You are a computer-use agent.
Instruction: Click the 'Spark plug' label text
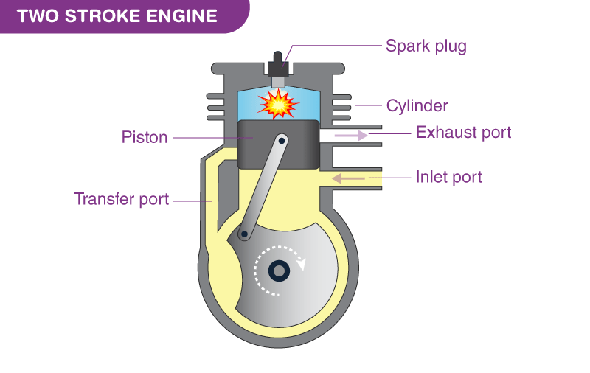[x=426, y=46]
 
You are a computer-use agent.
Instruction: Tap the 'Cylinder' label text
[x=417, y=105]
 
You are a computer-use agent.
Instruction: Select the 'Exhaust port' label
[x=463, y=133]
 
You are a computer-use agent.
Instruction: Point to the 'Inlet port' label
[x=448, y=177]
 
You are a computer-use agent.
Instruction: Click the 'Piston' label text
[x=145, y=137]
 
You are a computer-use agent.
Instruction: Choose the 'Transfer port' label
[x=122, y=199]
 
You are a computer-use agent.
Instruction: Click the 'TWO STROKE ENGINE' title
[x=117, y=16]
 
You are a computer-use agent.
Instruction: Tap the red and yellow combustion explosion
[x=279, y=105]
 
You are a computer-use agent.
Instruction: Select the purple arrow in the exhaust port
[x=351, y=135]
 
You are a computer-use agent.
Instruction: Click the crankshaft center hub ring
[x=280, y=271]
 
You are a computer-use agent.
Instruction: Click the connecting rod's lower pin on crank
[x=243, y=234]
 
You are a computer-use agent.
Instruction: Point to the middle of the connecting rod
[x=262, y=186]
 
